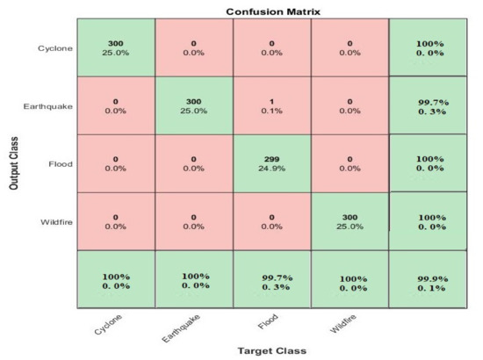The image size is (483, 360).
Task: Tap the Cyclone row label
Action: point(54,47)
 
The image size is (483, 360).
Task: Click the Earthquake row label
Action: point(47,106)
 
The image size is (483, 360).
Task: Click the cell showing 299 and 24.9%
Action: point(271,162)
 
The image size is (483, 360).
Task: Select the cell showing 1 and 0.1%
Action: point(271,104)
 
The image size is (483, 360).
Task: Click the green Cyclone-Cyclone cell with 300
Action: point(116,47)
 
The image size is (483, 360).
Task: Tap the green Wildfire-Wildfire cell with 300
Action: point(350,220)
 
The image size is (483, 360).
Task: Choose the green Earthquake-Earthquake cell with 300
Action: point(194,104)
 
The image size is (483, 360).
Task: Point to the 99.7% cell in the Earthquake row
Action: point(428,104)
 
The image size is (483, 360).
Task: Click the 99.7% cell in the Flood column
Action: point(271,280)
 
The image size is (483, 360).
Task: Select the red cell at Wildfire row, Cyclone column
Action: point(116,220)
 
